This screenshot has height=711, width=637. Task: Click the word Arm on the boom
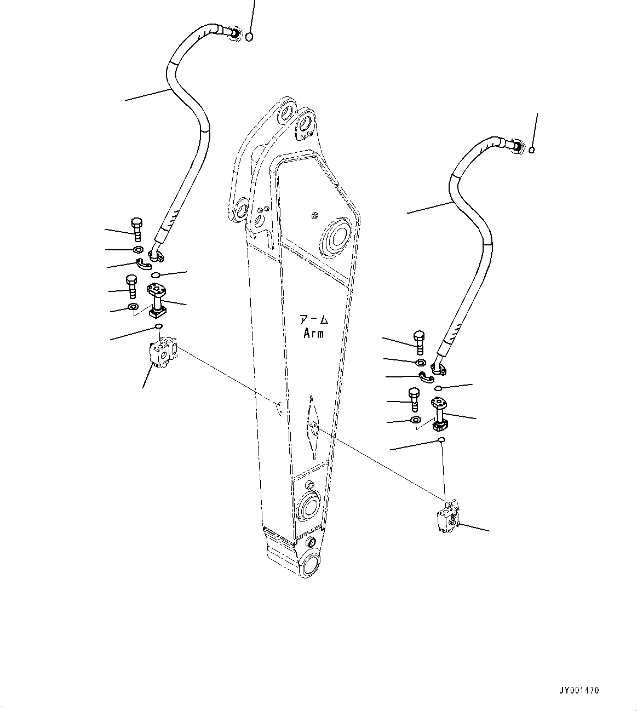coord(313,333)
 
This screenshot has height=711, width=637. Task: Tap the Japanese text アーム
coord(313,319)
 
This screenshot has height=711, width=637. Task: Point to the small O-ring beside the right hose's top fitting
coord(531,150)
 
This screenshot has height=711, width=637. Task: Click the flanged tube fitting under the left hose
coord(157,300)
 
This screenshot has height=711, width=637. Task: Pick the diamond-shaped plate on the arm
coord(313,427)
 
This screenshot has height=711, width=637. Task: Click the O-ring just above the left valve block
coord(158,327)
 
